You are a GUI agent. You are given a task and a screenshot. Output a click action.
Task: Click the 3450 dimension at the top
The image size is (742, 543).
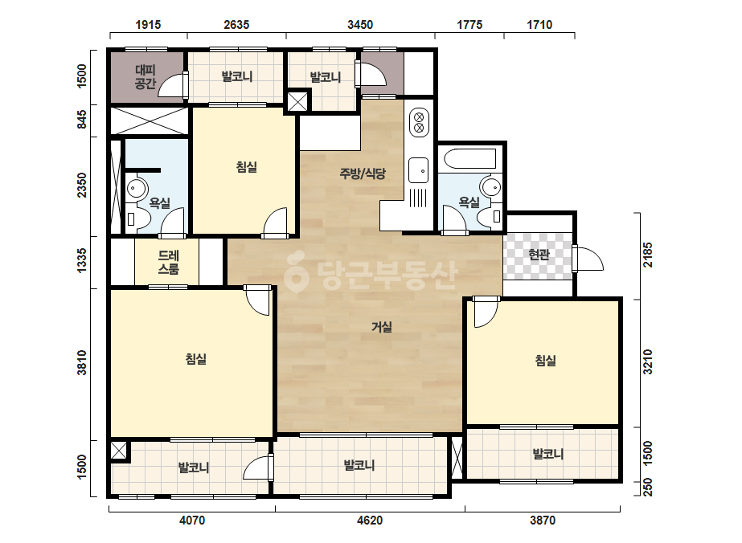tap(360, 25)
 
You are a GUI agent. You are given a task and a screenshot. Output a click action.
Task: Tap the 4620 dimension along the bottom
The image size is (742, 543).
tap(370, 521)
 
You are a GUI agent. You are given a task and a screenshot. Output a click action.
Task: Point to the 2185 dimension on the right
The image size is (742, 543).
tap(647, 255)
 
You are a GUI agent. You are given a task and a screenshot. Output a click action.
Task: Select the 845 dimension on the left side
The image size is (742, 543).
tap(82, 119)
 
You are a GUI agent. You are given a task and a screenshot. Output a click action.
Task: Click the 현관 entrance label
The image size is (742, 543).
tap(539, 255)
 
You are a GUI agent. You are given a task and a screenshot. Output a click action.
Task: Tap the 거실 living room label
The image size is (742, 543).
tap(381, 327)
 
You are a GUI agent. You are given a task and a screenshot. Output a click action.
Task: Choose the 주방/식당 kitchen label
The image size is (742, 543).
tap(363, 174)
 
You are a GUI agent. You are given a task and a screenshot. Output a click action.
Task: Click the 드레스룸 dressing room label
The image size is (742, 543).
tap(169, 262)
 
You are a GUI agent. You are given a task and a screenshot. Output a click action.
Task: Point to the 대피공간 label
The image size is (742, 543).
tap(146, 77)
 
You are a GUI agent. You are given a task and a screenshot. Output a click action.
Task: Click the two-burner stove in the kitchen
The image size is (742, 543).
tap(419, 122)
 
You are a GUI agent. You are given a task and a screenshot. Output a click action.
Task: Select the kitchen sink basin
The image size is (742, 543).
tap(418, 169)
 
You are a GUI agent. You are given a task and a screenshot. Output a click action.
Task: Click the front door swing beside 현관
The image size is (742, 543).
tap(588, 259)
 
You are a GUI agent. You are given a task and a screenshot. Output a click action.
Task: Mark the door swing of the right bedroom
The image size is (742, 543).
tap(486, 312)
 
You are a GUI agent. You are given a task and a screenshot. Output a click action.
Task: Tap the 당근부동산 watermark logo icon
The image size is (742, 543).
tap(296, 273)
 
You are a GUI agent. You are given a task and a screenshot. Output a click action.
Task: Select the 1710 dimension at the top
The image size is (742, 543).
tap(539, 25)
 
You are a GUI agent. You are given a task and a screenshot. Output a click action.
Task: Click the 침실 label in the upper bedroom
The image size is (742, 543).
tap(247, 167)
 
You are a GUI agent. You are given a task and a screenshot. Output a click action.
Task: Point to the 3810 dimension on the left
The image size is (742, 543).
tap(82, 362)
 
